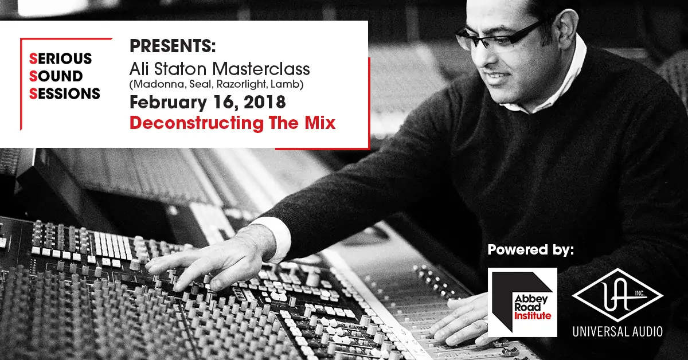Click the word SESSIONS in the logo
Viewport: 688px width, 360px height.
[64, 93]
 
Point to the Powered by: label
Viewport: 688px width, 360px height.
[530, 250]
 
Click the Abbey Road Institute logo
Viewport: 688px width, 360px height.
[522, 301]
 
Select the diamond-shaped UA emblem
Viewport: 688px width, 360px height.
[617, 295]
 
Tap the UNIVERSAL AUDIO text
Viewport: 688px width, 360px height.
[617, 331]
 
